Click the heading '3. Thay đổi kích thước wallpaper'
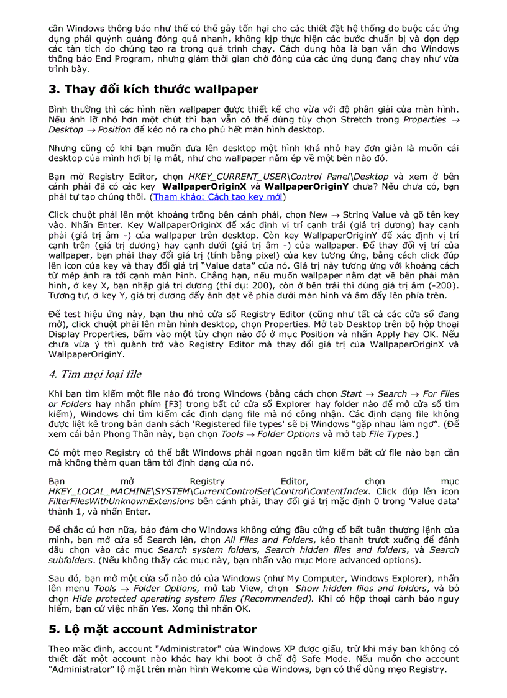pyautogui.click(x=153, y=89)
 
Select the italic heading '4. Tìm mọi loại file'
pyautogui.click(x=94, y=374)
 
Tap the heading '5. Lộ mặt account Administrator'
pyautogui.click(x=152, y=629)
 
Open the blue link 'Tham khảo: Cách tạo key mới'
pyautogui.click(x=218, y=197)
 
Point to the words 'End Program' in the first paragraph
pyautogui.click(x=110, y=59)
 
